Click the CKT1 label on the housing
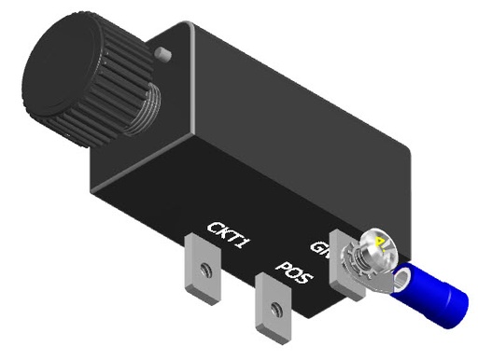coord(227,235)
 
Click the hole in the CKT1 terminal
coord(203,271)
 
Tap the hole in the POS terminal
coord(273,310)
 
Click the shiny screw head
coord(378,247)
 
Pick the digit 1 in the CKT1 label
coord(246,244)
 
